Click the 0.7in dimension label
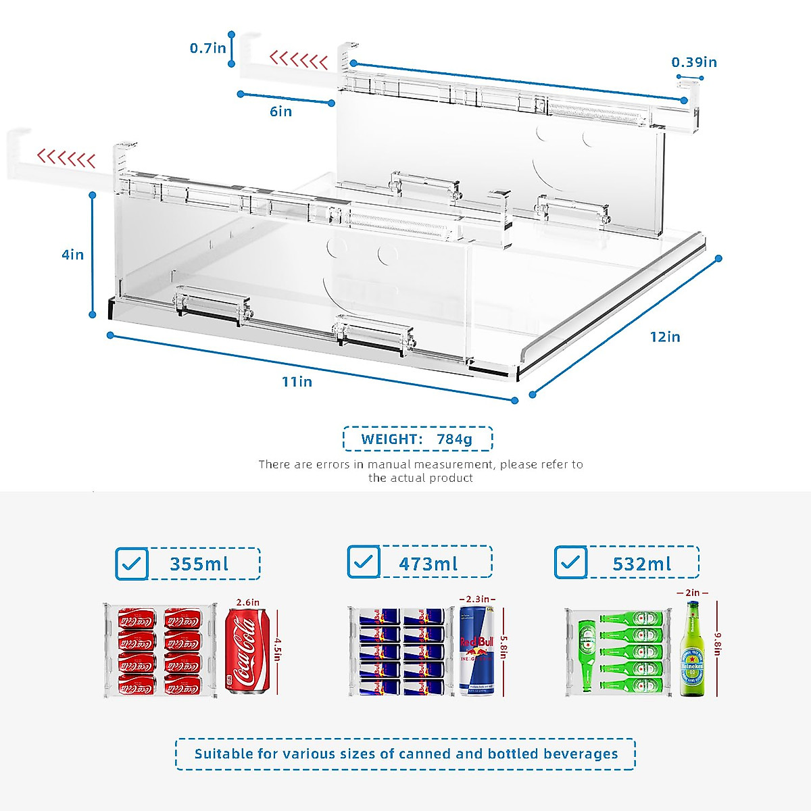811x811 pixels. tap(207, 48)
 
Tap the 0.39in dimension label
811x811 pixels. tap(693, 62)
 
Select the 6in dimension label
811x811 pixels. tap(280, 112)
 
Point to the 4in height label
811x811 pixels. tap(73, 255)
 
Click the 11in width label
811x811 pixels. tap(297, 382)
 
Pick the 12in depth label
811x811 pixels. tap(665, 337)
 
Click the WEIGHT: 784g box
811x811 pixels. tap(417, 439)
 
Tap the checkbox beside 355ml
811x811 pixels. tap(132, 564)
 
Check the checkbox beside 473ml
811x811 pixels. tap(364, 562)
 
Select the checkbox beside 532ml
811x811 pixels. tap(570, 562)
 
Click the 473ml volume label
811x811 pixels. tap(428, 564)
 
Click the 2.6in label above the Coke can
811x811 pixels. tap(247, 601)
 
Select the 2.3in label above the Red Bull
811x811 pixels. tap(477, 599)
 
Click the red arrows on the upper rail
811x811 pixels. tap(298, 60)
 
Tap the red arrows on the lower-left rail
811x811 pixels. tap(66, 159)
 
